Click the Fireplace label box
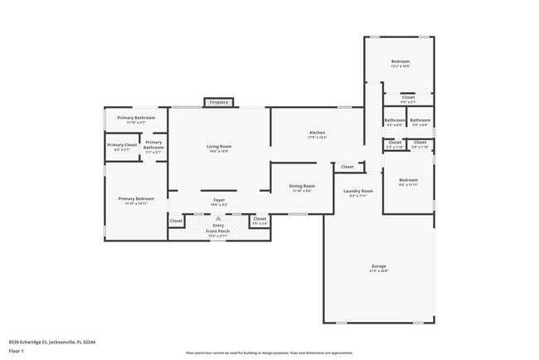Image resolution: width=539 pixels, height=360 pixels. (218, 102)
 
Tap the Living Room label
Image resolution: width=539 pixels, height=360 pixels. (219, 147)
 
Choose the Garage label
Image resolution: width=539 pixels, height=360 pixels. (378, 266)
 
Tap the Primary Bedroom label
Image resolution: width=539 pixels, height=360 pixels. (136, 199)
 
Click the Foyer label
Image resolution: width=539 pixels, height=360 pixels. (219, 200)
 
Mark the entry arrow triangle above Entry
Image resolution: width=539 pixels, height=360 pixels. (219, 217)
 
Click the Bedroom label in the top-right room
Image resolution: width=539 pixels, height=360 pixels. (401, 62)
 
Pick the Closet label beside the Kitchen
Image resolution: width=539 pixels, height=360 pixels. (347, 167)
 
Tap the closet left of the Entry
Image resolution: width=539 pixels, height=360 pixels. (176, 221)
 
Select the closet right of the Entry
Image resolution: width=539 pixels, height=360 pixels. (260, 221)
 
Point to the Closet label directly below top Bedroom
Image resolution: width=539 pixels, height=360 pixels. (408, 98)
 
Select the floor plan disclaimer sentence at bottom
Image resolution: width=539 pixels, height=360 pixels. (269, 353)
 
